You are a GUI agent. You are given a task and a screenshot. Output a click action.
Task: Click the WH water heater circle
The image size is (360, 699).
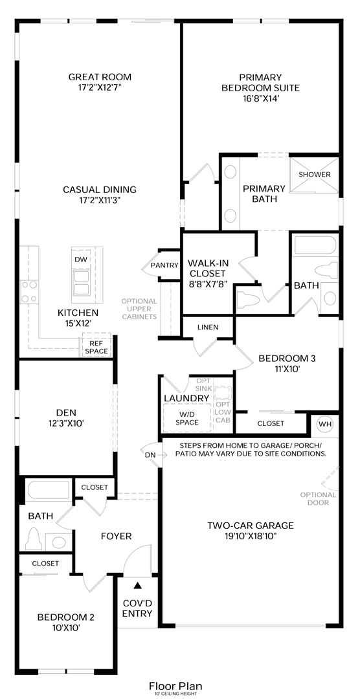(325, 423)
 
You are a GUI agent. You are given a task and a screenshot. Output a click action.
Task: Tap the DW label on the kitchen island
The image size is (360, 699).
(81, 260)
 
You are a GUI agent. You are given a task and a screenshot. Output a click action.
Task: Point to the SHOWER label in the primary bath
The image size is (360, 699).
(315, 174)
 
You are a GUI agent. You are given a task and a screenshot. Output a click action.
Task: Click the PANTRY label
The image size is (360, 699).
(164, 265)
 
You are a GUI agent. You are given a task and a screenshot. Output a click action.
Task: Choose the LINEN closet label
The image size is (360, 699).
(208, 327)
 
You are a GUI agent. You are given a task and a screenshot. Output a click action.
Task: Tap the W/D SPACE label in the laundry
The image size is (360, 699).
(187, 418)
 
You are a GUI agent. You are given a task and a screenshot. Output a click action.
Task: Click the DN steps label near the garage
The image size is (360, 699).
(150, 455)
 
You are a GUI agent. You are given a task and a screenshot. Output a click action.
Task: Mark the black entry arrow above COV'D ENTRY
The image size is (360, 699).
(138, 584)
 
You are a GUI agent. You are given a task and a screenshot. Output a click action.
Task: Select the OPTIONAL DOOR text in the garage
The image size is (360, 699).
(318, 498)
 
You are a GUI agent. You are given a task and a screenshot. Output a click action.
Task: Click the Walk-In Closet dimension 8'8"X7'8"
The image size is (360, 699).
(206, 283)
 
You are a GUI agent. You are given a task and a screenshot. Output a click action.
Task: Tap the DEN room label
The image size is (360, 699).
(66, 412)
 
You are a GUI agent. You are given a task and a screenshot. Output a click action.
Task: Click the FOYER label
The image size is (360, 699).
(116, 537)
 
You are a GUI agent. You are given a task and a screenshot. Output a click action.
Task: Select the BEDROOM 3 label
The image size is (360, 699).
(287, 358)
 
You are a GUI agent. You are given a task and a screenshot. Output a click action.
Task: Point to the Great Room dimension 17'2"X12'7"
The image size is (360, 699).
(100, 87)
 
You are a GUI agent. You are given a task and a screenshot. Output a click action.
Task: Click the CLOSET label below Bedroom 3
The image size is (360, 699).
(271, 423)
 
